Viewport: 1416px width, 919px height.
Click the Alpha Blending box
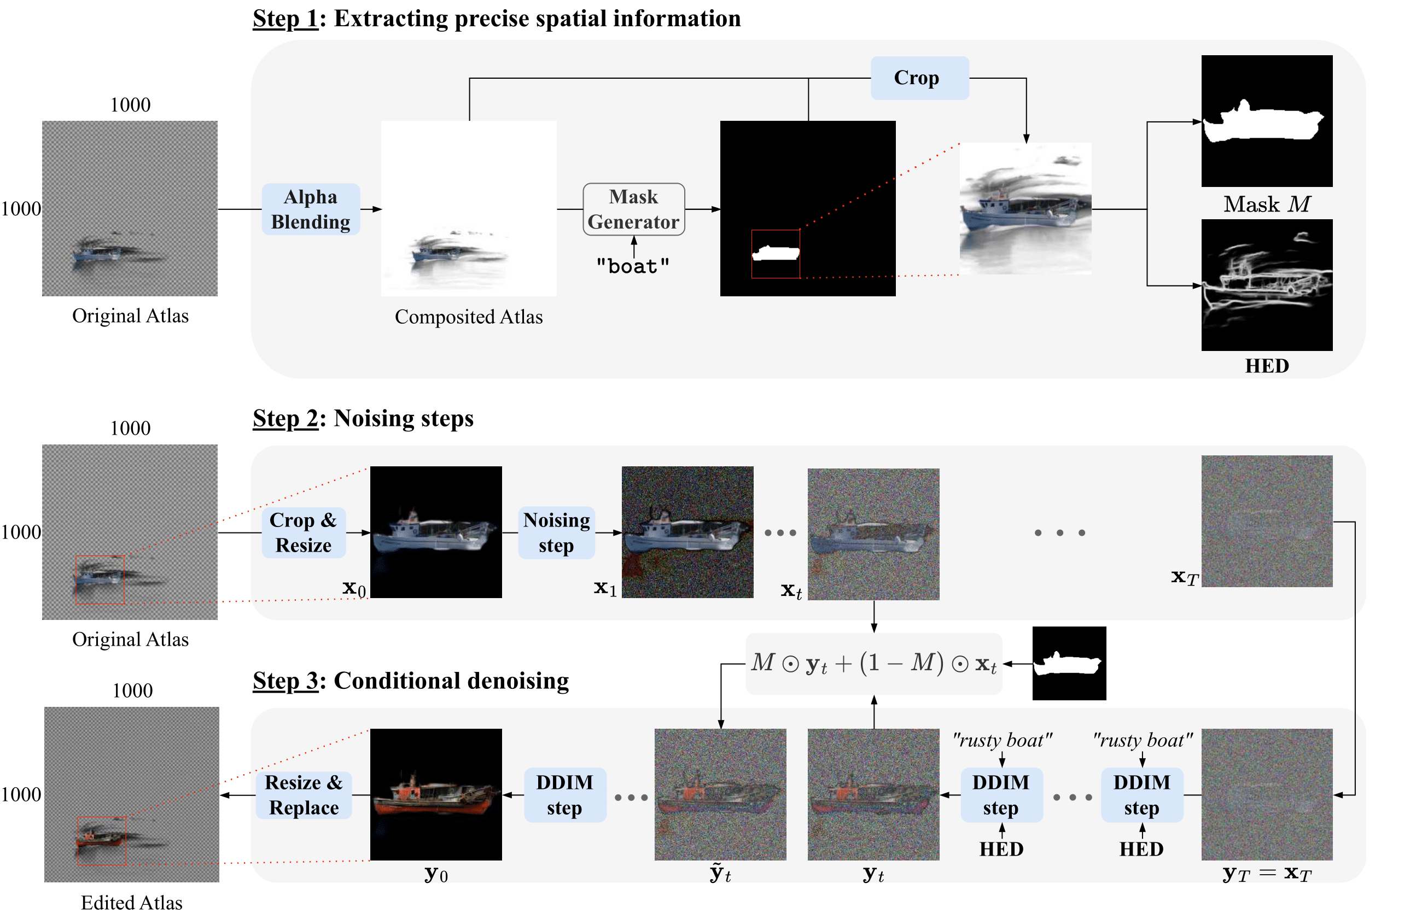(311, 209)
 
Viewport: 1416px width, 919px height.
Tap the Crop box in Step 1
(919, 78)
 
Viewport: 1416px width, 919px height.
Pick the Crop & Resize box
(304, 532)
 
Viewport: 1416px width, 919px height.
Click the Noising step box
(556, 532)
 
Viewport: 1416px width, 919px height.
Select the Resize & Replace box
(304, 795)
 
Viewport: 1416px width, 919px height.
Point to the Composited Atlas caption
(469, 317)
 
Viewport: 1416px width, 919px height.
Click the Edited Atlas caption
(131, 903)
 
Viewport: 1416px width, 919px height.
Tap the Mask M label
(1267, 204)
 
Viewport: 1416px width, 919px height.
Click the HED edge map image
(1267, 285)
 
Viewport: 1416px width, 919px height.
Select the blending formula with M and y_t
(873, 663)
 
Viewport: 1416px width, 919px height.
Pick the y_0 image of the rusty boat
(435, 795)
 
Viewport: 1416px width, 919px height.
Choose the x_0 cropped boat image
(435, 532)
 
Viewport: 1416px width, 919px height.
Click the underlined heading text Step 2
(285, 418)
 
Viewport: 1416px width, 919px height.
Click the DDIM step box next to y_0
(564, 795)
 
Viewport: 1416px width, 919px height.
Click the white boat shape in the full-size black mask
(775, 253)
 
